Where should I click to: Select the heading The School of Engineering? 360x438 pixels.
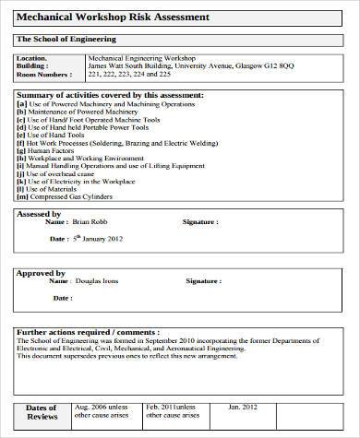pos(66,39)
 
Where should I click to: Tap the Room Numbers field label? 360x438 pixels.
pos(43,74)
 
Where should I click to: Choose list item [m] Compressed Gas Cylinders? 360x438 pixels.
pos(77,195)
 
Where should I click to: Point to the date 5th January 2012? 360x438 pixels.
pos(99,238)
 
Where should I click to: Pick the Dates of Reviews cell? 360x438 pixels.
pos(42,411)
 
